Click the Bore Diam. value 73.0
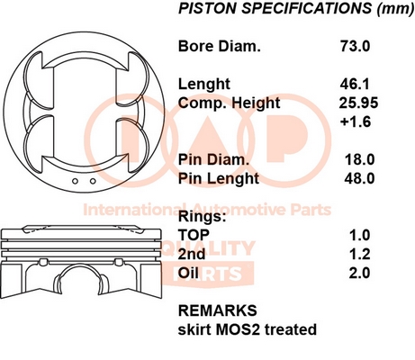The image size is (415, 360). click(x=356, y=46)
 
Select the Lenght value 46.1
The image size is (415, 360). click(x=355, y=84)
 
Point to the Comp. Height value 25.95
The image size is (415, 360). click(x=358, y=103)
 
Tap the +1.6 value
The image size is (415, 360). click(x=356, y=121)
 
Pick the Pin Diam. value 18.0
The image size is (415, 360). click(x=359, y=159)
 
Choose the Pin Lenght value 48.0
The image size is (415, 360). click(x=359, y=178)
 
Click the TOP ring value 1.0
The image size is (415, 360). click(x=360, y=235)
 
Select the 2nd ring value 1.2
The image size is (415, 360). click(x=360, y=254)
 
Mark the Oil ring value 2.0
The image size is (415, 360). click(x=359, y=273)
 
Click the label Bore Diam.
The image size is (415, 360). click(x=220, y=46)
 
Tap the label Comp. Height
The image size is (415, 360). click(x=229, y=103)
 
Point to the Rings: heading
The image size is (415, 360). click(x=202, y=217)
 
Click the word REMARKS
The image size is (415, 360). click(x=218, y=310)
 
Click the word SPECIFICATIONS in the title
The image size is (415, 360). click(x=307, y=8)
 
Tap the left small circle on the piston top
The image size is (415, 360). click(x=76, y=181)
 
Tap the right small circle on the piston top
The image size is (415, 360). click(x=93, y=181)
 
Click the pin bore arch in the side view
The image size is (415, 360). click(x=80, y=265)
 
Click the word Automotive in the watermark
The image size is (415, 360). click(x=239, y=210)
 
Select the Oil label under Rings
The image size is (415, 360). click(x=188, y=273)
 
